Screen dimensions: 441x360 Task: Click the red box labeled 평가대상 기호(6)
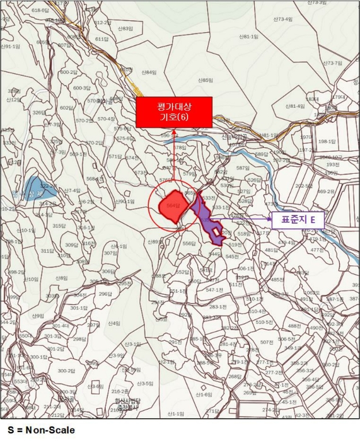(174, 112)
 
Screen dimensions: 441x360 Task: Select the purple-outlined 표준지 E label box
(297, 220)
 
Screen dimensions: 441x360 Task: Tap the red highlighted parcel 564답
(173, 207)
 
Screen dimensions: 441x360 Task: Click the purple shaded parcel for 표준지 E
(208, 217)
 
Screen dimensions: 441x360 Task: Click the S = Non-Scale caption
(37, 430)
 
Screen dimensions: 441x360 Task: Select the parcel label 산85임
(206, 80)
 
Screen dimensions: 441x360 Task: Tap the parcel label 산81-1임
(249, 37)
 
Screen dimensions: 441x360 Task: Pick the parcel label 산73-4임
(283, 19)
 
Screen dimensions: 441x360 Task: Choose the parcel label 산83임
(125, 28)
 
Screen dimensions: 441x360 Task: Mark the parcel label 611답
(102, 39)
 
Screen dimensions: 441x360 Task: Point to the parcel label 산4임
(113, 323)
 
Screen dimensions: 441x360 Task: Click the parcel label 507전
(267, 342)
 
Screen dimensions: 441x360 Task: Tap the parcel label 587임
(243, 168)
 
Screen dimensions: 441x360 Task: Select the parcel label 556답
(189, 243)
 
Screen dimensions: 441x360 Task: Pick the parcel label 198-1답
(327, 142)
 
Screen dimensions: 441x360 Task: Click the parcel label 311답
(47, 251)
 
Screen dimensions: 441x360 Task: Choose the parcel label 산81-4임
(294, 106)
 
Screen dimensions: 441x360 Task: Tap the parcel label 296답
(105, 294)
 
